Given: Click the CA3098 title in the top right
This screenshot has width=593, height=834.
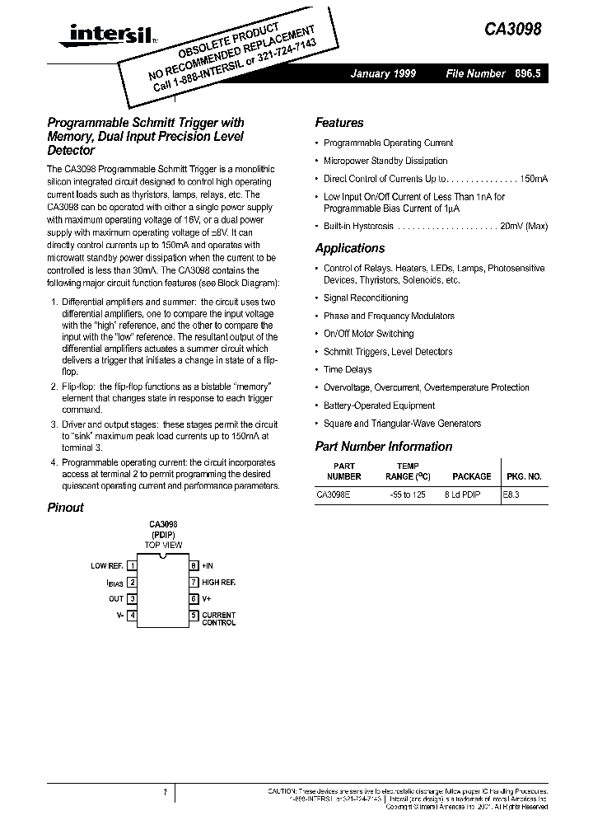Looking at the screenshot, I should (514, 28).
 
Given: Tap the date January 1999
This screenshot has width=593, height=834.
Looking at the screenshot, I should (383, 74).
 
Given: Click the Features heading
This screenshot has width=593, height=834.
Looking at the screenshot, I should (339, 123).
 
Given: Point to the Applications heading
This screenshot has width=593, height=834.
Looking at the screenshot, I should (349, 248).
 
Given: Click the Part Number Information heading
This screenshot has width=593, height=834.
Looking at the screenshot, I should (383, 447).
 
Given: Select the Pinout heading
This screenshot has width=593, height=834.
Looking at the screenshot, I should (65, 508).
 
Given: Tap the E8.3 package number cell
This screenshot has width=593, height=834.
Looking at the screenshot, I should (512, 495).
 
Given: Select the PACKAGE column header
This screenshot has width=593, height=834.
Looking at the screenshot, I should (471, 476).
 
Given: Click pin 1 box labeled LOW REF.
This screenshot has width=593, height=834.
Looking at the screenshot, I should (132, 566).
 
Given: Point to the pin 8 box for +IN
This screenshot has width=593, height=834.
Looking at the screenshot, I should (194, 566).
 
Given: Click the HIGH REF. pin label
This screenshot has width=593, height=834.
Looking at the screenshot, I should (219, 583).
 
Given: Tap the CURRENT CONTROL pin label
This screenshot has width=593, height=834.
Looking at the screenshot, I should (218, 619).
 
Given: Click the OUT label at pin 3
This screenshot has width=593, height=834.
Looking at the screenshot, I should (116, 599).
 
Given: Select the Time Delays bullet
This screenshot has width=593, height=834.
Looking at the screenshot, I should (348, 370).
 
